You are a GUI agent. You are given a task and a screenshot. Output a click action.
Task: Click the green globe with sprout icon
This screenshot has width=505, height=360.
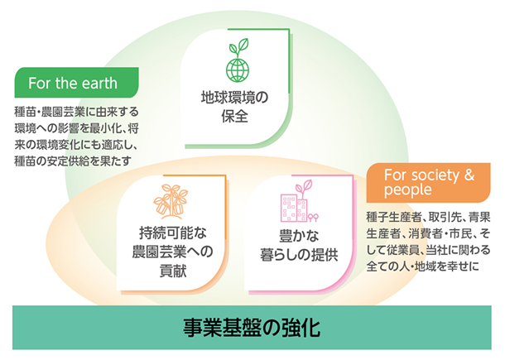(x=238, y=60)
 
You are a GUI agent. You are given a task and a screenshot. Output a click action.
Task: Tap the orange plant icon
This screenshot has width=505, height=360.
(x=171, y=199)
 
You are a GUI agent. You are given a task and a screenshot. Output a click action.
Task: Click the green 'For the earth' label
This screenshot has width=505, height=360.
(x=77, y=83)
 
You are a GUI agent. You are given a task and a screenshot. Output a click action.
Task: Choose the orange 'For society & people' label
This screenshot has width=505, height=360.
(x=428, y=183)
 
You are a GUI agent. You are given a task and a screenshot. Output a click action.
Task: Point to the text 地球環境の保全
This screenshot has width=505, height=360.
(x=234, y=107)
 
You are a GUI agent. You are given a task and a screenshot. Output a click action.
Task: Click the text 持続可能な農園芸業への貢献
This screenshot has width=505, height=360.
(x=173, y=252)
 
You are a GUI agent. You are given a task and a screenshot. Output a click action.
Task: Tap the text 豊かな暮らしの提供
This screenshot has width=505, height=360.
(x=299, y=245)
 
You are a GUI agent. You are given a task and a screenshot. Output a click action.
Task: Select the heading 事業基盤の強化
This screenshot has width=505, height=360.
(x=252, y=328)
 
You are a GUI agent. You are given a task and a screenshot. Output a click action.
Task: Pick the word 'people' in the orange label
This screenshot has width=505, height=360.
(x=408, y=190)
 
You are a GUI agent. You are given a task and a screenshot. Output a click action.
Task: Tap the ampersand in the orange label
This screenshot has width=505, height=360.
(x=469, y=175)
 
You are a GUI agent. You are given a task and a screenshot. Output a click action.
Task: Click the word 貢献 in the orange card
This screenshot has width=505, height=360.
(x=173, y=271)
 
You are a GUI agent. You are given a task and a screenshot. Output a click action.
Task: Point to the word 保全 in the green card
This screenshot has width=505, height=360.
(x=234, y=116)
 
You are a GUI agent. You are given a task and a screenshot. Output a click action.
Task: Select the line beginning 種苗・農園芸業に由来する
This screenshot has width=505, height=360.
(x=77, y=112)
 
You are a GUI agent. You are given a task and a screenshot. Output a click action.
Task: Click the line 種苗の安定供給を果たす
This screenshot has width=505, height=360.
(x=73, y=161)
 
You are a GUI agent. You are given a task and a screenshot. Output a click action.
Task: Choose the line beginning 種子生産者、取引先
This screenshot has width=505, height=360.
(x=428, y=217)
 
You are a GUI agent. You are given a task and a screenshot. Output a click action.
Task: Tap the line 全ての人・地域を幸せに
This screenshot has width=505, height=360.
(x=422, y=266)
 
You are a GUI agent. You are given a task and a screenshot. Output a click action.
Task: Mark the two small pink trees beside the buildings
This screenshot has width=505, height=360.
(x=313, y=218)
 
